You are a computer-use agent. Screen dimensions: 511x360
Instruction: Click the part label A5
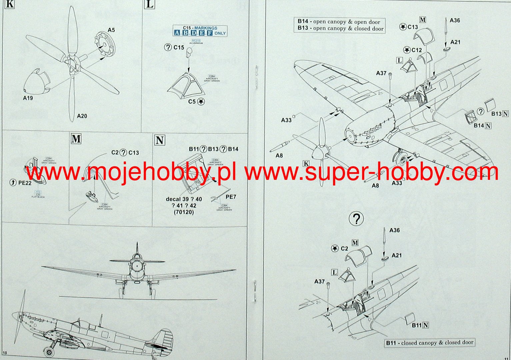click(x=111, y=30)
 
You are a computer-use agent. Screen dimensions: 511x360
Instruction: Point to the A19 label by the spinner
click(x=28, y=98)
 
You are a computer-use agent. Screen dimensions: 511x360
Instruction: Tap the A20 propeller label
click(x=82, y=116)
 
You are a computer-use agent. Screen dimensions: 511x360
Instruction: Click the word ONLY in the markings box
click(x=220, y=33)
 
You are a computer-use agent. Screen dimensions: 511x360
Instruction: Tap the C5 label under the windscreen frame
click(x=192, y=102)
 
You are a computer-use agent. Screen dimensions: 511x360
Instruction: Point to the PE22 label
click(x=25, y=182)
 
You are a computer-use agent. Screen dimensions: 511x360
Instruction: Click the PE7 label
click(x=231, y=197)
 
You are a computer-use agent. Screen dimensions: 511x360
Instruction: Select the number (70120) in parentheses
click(x=184, y=212)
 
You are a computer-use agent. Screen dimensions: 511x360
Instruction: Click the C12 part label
click(x=417, y=50)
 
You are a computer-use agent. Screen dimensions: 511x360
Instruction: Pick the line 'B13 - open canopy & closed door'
click(x=340, y=28)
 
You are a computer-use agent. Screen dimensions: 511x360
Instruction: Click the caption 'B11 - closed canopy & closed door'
click(x=429, y=343)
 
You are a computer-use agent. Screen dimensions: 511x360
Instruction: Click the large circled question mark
click(x=356, y=219)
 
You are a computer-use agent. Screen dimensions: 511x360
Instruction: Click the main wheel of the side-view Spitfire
click(x=50, y=351)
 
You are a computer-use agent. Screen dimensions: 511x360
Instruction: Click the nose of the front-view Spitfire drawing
click(x=136, y=266)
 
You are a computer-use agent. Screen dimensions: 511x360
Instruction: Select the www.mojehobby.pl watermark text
click(x=131, y=173)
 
